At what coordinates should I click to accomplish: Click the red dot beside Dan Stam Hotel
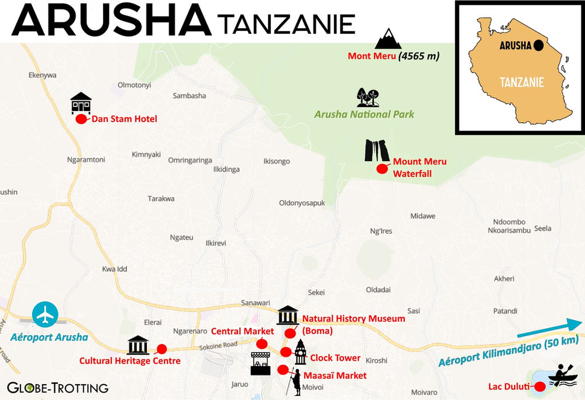(81, 119)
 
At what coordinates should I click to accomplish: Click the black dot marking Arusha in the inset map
(538, 44)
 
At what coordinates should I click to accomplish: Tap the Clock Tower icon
(300, 352)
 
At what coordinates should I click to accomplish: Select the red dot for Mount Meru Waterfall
(382, 169)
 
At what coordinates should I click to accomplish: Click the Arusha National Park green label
(360, 115)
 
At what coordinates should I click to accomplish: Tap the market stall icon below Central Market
(261, 364)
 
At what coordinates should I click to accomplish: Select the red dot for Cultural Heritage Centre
(161, 349)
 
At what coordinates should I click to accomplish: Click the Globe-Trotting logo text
(57, 387)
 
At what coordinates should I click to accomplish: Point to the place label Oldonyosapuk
(302, 203)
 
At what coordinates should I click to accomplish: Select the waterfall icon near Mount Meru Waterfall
(377, 151)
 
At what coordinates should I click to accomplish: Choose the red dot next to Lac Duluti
(540, 385)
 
